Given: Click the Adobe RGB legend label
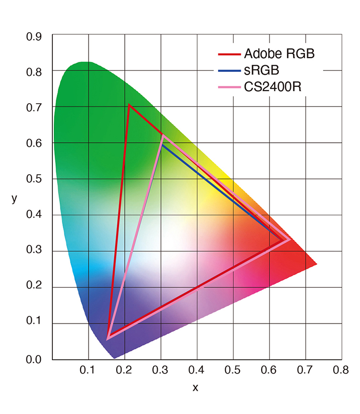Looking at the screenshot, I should click(x=279, y=54).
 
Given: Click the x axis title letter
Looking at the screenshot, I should click(x=195, y=388).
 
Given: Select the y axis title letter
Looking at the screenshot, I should click(x=14, y=199).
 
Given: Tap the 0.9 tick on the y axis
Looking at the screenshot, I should click(x=34, y=37).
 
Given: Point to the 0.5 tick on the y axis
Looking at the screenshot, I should click(x=34, y=179).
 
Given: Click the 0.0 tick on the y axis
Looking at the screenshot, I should click(x=34, y=359).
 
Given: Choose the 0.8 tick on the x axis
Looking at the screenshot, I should click(x=341, y=370).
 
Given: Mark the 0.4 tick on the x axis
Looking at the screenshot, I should click(x=196, y=370).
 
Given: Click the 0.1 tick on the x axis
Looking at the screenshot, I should click(x=88, y=370).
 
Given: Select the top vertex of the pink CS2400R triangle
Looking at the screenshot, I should click(x=163, y=136).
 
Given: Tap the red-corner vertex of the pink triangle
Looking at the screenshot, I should click(x=288, y=239).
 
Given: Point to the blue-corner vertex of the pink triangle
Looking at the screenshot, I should click(x=108, y=338).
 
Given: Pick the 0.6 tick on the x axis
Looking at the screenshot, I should click(x=269, y=370).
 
